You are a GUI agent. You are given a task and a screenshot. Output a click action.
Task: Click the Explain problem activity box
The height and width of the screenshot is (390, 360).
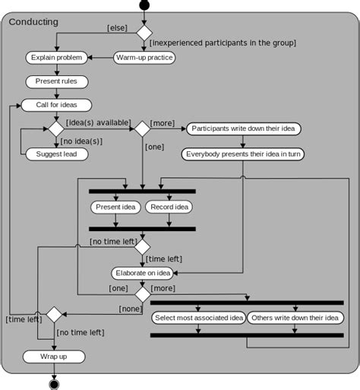[x=57, y=57]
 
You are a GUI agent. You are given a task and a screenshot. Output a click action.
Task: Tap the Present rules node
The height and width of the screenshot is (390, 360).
[x=57, y=81]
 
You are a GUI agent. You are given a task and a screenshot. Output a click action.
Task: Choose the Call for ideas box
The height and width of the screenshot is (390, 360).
[x=57, y=105]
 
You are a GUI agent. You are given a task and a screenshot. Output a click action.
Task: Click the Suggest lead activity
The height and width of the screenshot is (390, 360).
[x=57, y=154]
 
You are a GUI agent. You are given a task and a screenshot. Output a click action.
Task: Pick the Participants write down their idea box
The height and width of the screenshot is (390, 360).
[x=244, y=129]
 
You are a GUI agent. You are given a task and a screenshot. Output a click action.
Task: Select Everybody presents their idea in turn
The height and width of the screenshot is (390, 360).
[x=243, y=154]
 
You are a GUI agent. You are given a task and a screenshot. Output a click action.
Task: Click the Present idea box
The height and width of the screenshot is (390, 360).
[x=115, y=207]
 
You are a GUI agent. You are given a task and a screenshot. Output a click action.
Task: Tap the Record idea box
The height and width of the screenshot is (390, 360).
[x=169, y=207]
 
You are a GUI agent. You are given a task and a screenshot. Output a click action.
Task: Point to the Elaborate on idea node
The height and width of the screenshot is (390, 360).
[x=142, y=273]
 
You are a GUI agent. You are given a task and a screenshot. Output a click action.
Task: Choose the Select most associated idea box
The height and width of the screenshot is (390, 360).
[x=198, y=318]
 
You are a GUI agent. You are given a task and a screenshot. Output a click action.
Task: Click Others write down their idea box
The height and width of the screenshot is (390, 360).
[x=295, y=318]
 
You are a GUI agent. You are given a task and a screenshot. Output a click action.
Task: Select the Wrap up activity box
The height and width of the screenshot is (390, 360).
[x=53, y=357]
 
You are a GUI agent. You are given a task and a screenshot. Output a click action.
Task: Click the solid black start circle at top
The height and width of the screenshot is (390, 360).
[x=144, y=6]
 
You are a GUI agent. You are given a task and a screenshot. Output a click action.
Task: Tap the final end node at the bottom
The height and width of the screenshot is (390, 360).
[x=55, y=384]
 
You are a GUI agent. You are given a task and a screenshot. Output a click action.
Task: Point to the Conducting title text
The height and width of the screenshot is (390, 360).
[x=34, y=22]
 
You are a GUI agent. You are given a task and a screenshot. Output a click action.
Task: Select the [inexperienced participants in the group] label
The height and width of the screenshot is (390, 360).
[x=223, y=43]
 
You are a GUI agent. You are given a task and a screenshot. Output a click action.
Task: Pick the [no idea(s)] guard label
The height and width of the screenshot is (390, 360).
[x=81, y=141]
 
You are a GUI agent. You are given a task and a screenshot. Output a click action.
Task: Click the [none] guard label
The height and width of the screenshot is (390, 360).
[x=130, y=309]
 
